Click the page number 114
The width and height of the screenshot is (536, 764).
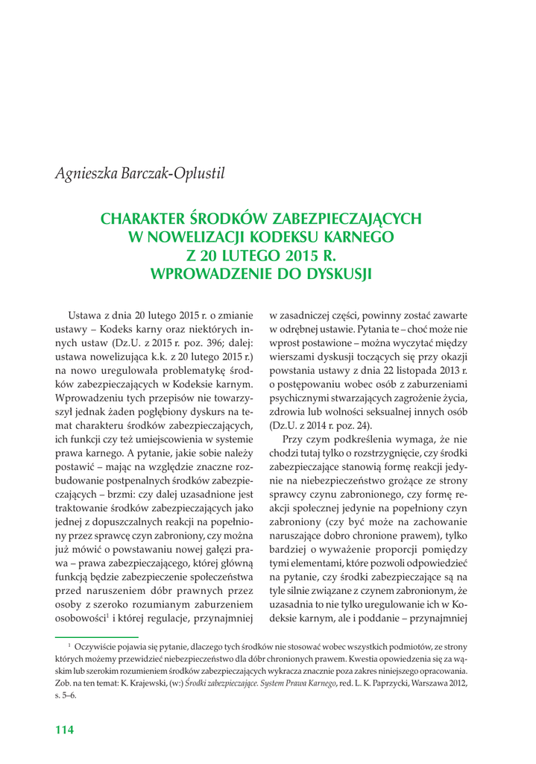tap(65, 730)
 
